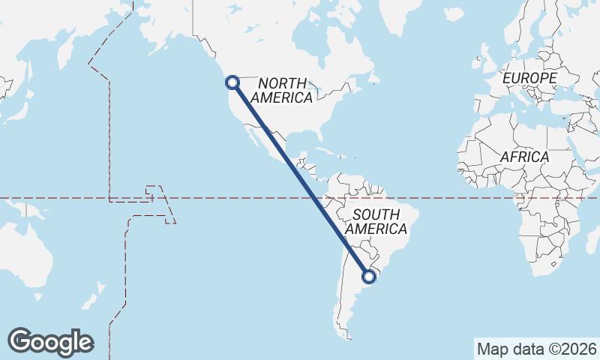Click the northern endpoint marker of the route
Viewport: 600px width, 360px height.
click(232, 82)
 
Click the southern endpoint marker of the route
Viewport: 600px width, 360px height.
click(369, 277)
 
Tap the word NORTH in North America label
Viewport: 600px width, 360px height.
click(283, 82)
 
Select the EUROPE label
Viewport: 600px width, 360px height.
click(529, 78)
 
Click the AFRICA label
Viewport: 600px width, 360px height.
click(524, 157)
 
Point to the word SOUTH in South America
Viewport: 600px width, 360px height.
click(376, 214)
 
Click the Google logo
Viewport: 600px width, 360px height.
click(50, 342)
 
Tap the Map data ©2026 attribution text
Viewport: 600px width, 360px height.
click(537, 349)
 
